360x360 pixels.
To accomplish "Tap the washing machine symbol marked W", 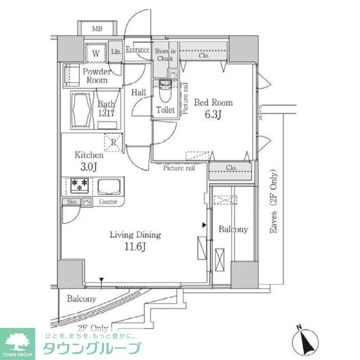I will coord(96,53).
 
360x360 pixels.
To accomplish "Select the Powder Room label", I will coord(97,76).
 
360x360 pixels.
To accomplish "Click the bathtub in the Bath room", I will coord(80,110).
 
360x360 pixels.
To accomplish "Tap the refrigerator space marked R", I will coord(113,142).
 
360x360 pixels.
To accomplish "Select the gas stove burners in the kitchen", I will coord(78,186).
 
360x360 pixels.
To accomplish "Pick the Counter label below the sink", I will coord(107,201).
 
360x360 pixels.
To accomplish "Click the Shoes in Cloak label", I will coord(165,54).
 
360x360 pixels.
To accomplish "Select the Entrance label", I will coord(137,50).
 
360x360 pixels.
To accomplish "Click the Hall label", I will coord(139,92).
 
